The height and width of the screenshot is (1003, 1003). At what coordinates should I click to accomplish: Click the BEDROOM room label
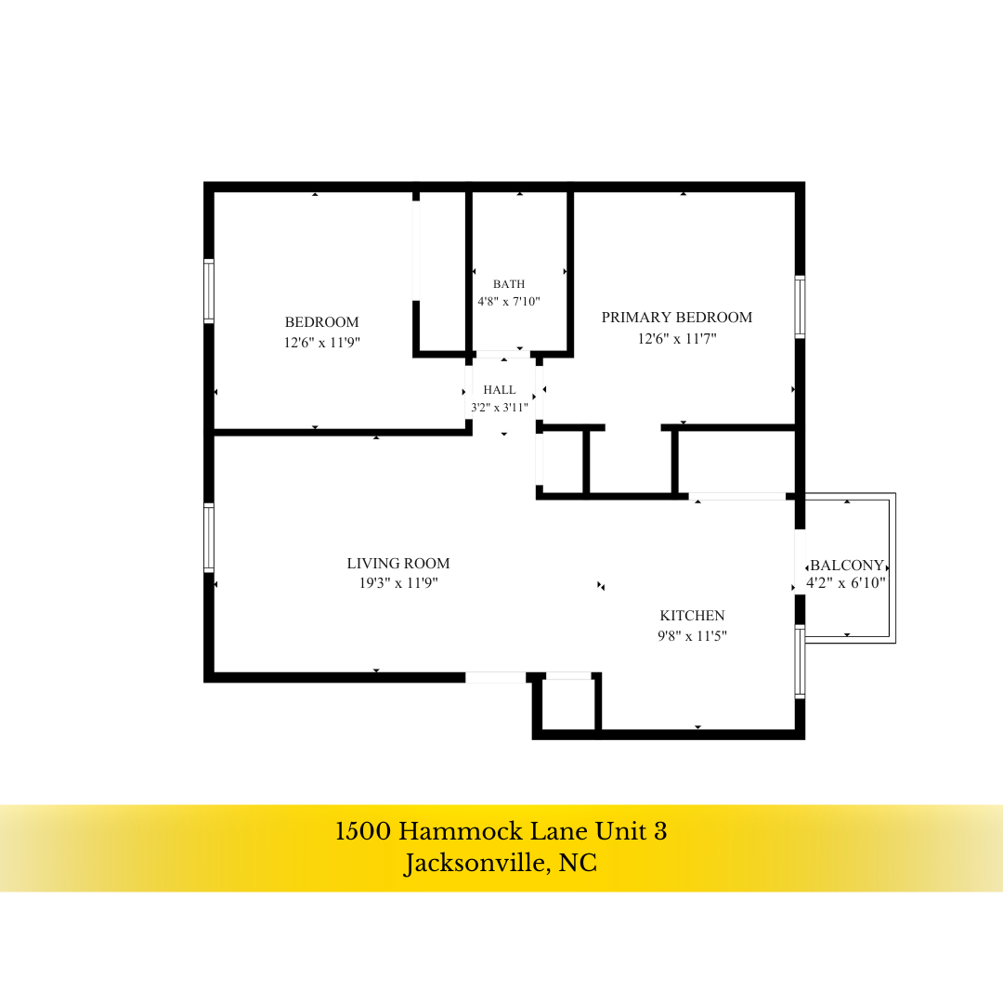point(321,321)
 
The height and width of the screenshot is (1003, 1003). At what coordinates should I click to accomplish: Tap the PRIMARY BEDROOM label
point(677,318)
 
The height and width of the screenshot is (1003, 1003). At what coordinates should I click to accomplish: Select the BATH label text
point(509,284)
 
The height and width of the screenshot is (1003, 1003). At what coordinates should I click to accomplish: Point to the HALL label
point(500,389)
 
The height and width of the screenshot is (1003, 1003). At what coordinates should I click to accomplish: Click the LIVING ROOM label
point(397,564)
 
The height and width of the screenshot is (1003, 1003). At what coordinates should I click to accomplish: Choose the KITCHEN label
point(692,616)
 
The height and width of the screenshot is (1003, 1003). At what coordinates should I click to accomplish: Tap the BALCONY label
point(847,566)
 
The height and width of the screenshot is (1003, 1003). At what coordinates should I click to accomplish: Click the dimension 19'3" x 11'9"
point(397,582)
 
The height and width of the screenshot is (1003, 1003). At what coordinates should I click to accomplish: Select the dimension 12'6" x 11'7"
point(677,338)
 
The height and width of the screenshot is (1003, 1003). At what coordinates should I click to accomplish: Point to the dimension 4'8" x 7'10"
point(509,301)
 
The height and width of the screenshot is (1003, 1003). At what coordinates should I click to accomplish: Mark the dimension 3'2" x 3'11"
point(500,408)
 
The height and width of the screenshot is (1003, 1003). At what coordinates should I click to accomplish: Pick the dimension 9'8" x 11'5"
point(692,636)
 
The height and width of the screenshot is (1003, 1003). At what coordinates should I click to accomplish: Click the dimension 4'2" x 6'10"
point(846,582)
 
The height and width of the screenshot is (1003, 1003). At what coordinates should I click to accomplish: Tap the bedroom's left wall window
point(209,291)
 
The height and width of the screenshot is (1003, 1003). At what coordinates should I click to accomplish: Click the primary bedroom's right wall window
point(800,307)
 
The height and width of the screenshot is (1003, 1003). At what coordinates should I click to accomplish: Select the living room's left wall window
point(209,538)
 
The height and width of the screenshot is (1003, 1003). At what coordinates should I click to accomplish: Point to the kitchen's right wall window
point(800,661)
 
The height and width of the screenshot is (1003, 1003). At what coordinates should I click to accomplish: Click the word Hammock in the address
point(458,831)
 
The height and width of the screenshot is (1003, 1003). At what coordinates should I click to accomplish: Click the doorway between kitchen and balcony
point(800,562)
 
